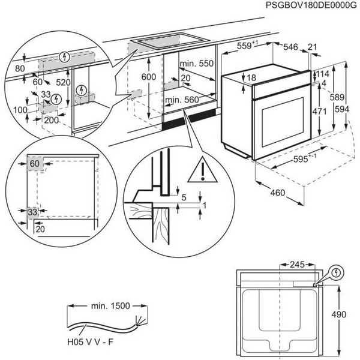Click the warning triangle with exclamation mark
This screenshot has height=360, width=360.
coord(202,173)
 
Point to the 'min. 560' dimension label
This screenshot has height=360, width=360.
coord(182,100)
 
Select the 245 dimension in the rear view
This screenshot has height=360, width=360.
coord(294,263)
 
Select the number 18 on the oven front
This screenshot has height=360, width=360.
coord(251,77)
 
